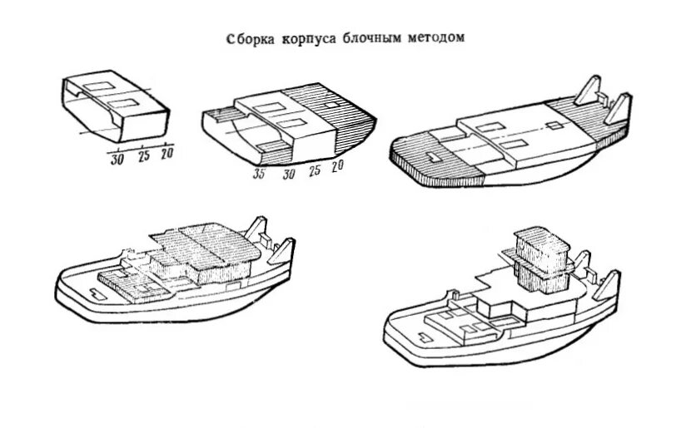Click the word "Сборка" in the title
point(249,39)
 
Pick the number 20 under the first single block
point(167,154)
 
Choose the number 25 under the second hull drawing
point(313,170)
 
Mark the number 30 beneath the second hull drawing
point(289,174)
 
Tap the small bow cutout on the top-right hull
point(432,157)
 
